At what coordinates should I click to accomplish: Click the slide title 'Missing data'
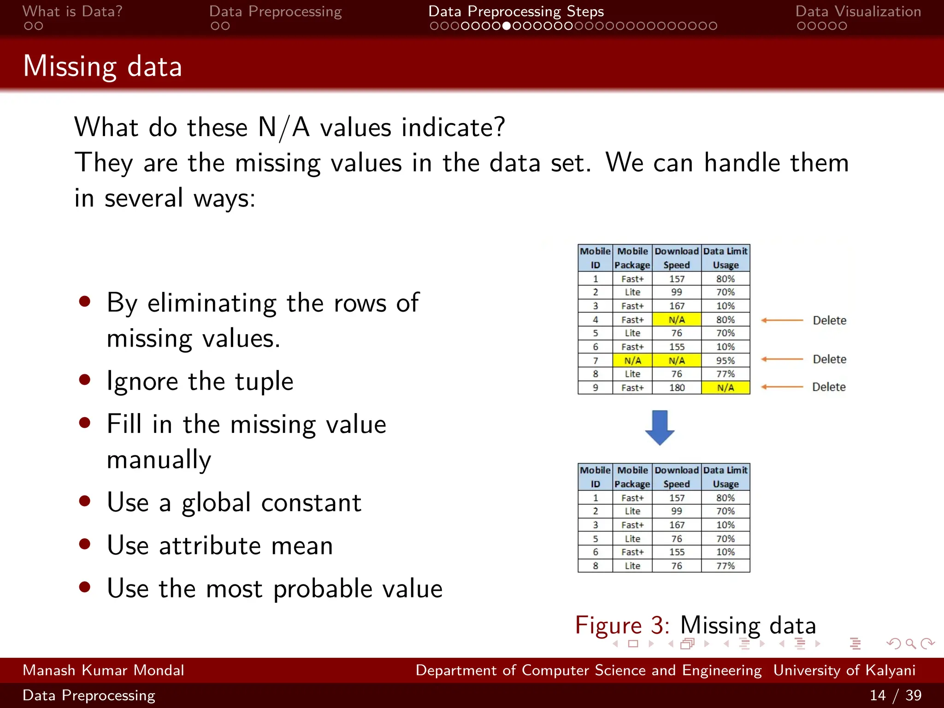[x=102, y=66]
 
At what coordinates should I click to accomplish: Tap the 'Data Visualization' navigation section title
[x=858, y=12]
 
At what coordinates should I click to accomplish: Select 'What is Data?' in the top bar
[x=72, y=12]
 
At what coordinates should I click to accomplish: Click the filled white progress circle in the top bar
[x=507, y=26]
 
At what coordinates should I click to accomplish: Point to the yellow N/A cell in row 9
[x=725, y=388]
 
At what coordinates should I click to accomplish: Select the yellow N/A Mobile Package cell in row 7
[x=632, y=360]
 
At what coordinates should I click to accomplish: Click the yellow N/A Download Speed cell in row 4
[x=677, y=319]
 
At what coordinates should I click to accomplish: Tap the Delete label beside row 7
[x=829, y=359]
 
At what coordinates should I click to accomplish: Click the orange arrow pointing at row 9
[x=782, y=387]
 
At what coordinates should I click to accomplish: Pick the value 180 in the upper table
[x=677, y=388]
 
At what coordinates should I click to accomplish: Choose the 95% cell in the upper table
[x=725, y=360]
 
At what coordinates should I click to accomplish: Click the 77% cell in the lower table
[x=725, y=566]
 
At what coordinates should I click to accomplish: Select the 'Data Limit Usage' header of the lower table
[x=725, y=477]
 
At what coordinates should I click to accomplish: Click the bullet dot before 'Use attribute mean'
[x=84, y=544]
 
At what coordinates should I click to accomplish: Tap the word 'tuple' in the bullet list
[x=264, y=381]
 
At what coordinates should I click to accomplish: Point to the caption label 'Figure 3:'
[x=622, y=625]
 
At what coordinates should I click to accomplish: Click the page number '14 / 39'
[x=895, y=695]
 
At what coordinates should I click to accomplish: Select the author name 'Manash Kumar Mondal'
[x=103, y=670]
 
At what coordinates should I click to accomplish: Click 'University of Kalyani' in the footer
[x=844, y=670]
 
